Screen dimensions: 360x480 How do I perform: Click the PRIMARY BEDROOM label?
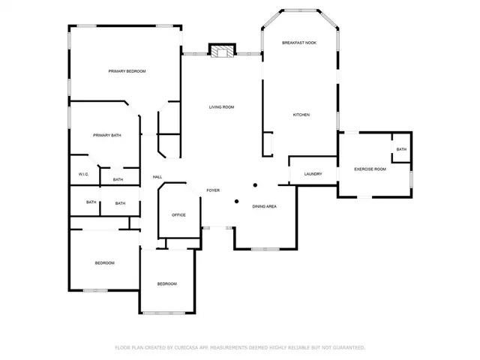(x=127, y=71)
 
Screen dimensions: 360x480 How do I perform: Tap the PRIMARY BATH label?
(x=107, y=135)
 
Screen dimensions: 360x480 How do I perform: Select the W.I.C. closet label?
(x=84, y=174)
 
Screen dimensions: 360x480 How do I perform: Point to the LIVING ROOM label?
(x=221, y=107)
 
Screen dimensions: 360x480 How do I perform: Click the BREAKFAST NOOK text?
(x=299, y=43)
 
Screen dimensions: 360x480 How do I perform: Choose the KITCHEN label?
(x=301, y=115)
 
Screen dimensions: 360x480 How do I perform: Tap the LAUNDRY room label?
(x=313, y=174)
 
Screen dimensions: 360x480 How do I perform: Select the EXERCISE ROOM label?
(x=370, y=169)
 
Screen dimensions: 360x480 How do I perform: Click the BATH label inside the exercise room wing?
(x=401, y=149)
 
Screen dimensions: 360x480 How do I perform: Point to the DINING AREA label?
(x=265, y=206)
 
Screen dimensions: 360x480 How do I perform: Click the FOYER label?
(x=213, y=190)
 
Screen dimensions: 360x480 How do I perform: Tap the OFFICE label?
(x=178, y=215)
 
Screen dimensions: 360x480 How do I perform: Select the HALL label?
(x=157, y=177)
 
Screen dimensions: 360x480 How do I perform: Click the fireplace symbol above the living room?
(x=221, y=52)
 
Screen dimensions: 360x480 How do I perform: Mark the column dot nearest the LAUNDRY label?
(x=256, y=184)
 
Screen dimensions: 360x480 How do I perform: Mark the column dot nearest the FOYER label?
(x=237, y=201)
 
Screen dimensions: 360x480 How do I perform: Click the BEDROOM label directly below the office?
(x=166, y=283)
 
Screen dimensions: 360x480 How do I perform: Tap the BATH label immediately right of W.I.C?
(x=118, y=180)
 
